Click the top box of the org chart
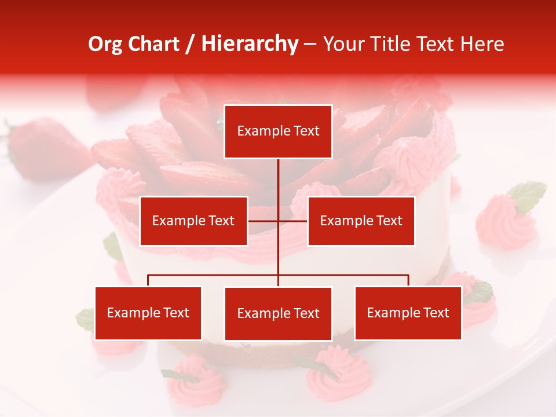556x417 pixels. coord(278,131)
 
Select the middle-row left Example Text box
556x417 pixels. coord(193,221)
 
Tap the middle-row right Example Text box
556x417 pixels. coord(361,221)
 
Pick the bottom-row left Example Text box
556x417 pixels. coord(148,313)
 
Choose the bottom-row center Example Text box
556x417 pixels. coord(278,313)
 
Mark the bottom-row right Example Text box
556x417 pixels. coord(408,313)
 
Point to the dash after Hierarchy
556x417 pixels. coord(310,45)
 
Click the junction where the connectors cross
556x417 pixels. coord(278,221)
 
